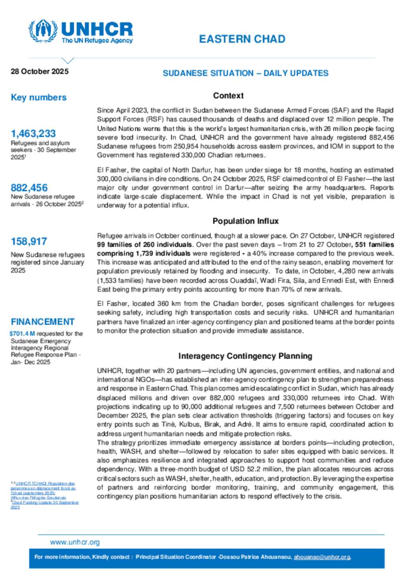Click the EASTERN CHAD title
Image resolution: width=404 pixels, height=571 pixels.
coord(242,39)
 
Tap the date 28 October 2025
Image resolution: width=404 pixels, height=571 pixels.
coord(39,71)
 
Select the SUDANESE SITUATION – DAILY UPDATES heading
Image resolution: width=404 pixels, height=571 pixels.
coord(245,73)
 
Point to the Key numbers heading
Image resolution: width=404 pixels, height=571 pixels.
coord(39,97)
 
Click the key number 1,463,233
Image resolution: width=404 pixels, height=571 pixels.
coord(33,134)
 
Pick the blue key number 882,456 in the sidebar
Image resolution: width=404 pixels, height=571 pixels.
coord(29,188)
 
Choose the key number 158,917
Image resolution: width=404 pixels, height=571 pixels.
coord(29,242)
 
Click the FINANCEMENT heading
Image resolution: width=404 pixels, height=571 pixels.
coord(43,322)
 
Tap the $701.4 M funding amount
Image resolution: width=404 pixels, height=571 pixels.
coord(22,334)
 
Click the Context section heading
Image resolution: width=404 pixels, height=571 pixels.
coord(228,96)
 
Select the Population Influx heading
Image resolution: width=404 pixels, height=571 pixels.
coord(245,221)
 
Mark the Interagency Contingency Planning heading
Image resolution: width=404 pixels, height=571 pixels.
coord(245,356)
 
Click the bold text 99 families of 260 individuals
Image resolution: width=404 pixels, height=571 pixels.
coord(144,245)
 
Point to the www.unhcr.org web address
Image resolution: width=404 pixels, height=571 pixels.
coord(75,542)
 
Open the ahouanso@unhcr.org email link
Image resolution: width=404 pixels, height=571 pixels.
coord(322,557)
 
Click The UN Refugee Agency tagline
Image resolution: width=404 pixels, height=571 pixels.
coord(97,41)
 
